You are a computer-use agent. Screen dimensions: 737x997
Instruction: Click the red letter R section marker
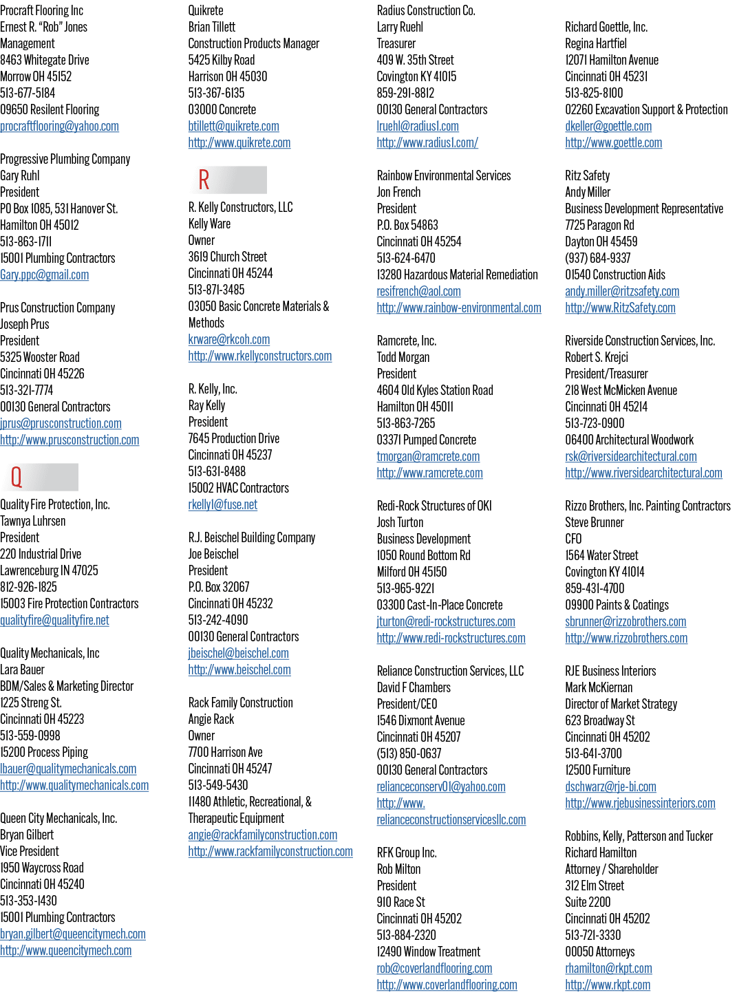[x=204, y=180]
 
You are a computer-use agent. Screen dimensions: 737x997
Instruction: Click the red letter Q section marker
[x=17, y=477]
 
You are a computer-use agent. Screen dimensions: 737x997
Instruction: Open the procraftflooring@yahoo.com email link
[x=59, y=126]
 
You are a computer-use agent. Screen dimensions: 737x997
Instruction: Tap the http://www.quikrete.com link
[x=239, y=142]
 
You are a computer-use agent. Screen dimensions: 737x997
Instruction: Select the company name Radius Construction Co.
[x=426, y=10]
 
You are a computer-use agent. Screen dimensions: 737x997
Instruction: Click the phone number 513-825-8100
[x=594, y=93]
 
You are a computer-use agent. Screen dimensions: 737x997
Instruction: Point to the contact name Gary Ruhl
[x=20, y=175]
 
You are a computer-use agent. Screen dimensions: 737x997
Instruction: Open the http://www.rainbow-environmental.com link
[x=459, y=308]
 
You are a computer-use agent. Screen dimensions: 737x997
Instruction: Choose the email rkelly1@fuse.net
[x=222, y=504]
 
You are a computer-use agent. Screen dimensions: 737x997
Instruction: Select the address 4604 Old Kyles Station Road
[x=435, y=390]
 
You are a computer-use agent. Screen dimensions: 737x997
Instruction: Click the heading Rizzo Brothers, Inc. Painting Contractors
[x=648, y=506]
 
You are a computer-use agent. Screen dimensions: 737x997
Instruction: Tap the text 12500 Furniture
[x=597, y=770]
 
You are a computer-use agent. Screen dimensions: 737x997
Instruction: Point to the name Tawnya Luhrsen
[x=33, y=521]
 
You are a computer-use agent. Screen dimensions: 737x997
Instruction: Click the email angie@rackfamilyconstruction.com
[x=263, y=835]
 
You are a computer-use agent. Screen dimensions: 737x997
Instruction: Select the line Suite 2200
[x=588, y=902]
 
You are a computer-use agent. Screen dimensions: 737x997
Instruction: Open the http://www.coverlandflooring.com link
[x=447, y=985]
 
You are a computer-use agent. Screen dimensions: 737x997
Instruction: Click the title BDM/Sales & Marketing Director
[x=67, y=686]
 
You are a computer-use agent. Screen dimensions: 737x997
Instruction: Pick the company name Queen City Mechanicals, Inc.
[x=58, y=818]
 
